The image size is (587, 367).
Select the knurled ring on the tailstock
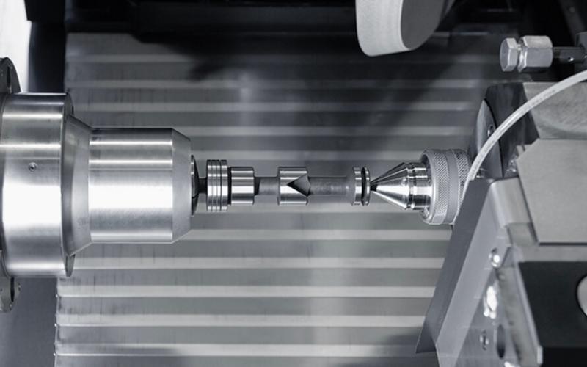[x=447, y=186]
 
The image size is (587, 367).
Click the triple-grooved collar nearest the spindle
[x=216, y=186]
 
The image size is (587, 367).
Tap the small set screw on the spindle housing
[x=32, y=167]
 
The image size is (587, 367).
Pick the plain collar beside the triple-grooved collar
[x=242, y=186]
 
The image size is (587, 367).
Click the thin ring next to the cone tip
[x=358, y=186]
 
